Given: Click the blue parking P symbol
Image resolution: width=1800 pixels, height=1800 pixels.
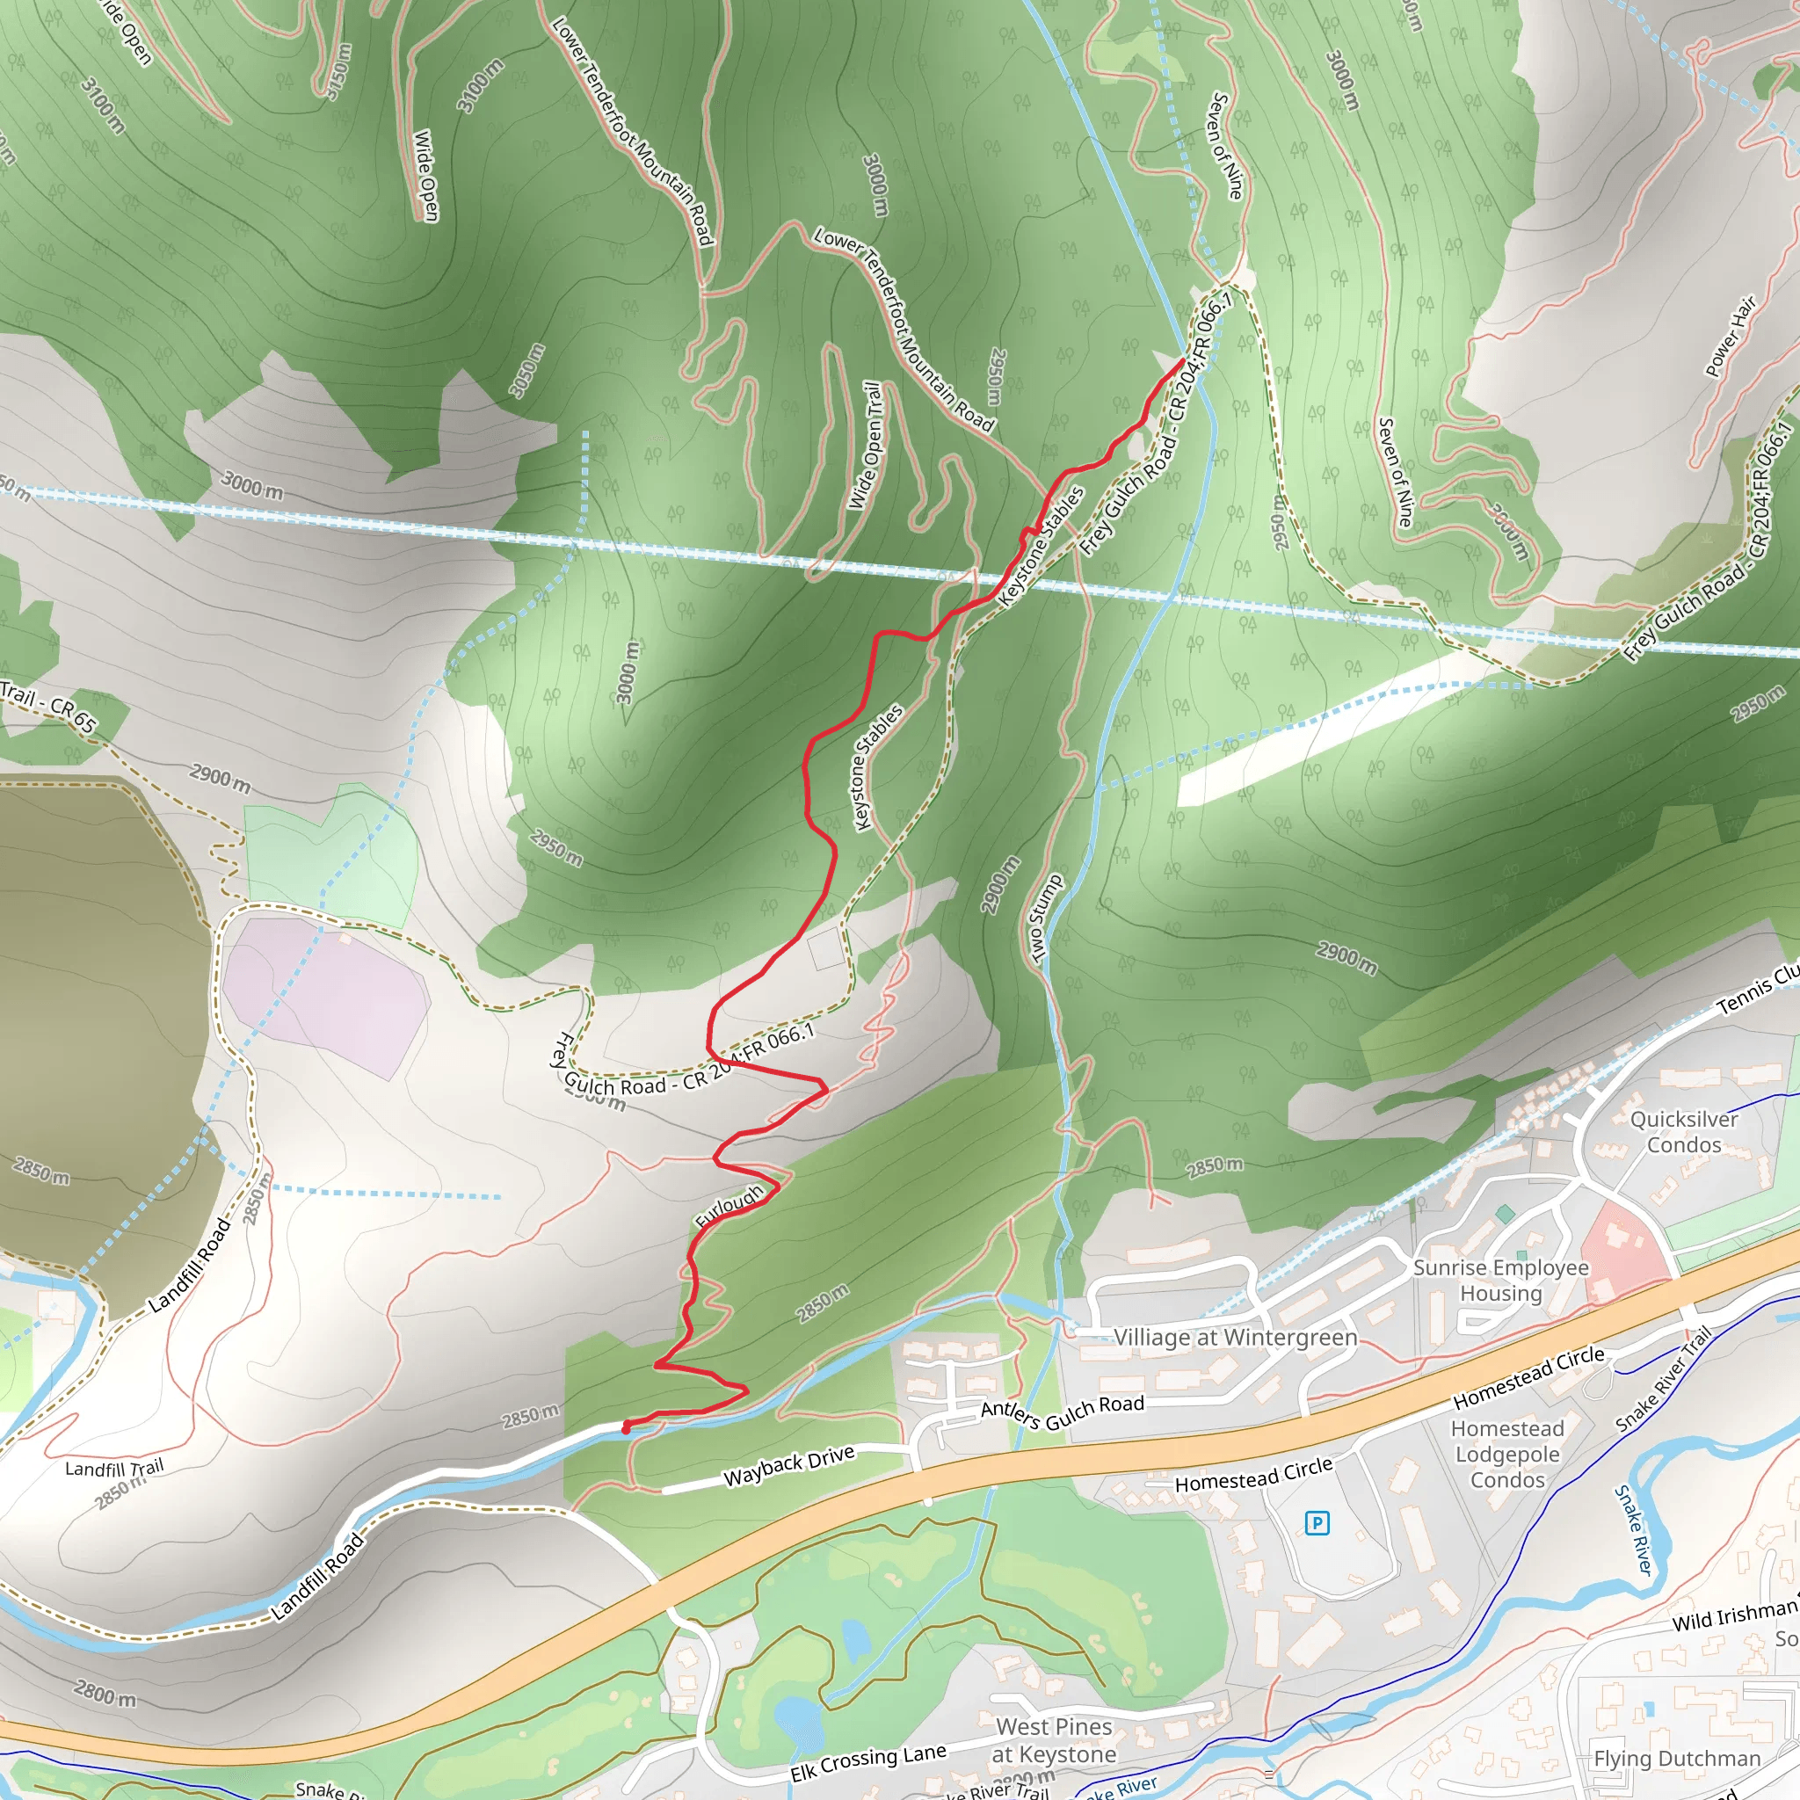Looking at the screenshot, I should [x=1317, y=1523].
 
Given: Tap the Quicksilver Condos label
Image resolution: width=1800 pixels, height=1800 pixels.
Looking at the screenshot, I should [x=1683, y=1131].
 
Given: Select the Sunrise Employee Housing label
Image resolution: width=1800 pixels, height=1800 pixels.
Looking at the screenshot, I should [x=1501, y=1280].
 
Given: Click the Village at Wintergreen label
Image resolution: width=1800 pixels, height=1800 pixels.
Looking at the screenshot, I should [x=1236, y=1337].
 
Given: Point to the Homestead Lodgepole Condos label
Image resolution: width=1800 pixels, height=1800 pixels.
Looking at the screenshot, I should [x=1507, y=1455].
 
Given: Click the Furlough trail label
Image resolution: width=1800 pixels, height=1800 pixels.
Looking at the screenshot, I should [x=729, y=1206].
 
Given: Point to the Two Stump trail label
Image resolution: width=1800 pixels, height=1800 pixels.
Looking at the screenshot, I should [x=1045, y=918].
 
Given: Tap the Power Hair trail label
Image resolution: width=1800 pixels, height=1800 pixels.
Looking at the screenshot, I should [x=1730, y=337].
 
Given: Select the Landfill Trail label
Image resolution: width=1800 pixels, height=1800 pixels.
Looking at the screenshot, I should [x=114, y=1469].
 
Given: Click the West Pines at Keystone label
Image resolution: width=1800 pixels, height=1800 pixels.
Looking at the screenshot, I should [x=1054, y=1740].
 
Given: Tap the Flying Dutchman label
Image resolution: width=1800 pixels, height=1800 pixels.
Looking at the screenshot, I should [x=1677, y=1758].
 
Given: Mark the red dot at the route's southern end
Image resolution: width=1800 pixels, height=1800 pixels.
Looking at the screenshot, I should [x=626, y=1427].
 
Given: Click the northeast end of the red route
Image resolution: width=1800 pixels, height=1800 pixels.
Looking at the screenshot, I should [x=1182, y=359].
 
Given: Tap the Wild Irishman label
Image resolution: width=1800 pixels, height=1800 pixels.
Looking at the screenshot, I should [x=1733, y=1615].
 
